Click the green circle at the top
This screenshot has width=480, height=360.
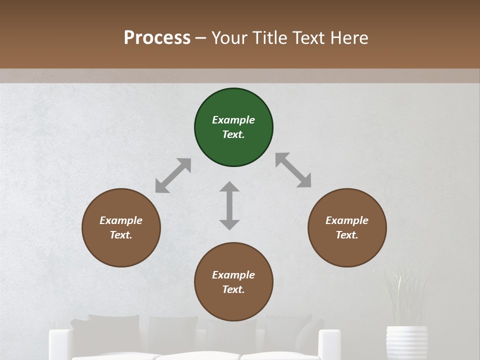pos(233,127)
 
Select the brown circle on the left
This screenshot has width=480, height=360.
pos(121,227)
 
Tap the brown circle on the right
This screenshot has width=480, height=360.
pos(347,227)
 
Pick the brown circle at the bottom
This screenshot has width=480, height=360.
pos(233,282)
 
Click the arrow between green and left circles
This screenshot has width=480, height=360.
pos(173,175)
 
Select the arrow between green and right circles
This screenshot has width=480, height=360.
pos(293,170)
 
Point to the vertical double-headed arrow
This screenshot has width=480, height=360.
pos(229,205)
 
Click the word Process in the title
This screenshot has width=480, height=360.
pos(157,37)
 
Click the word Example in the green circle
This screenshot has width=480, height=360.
pos(233,120)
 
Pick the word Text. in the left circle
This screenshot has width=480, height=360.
pos(121,235)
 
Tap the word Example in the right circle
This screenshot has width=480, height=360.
pos(347,220)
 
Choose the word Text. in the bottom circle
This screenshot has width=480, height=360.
pos(233,289)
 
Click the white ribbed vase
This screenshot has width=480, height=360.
pos(407,343)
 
